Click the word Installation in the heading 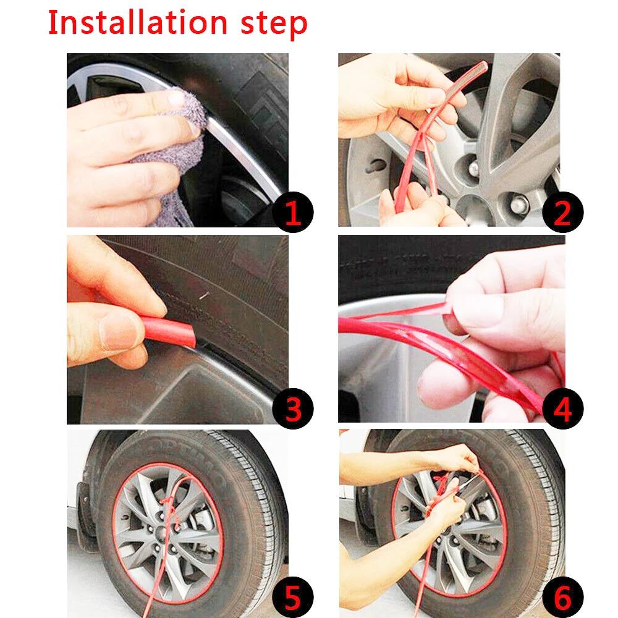pyautogui.click(x=138, y=22)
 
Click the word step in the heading pyautogui.click(x=274, y=25)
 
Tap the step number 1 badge pyautogui.click(x=293, y=212)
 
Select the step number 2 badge pyautogui.click(x=562, y=212)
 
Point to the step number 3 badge pyautogui.click(x=293, y=408)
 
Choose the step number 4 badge pyautogui.click(x=562, y=408)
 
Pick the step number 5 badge pyautogui.click(x=293, y=597)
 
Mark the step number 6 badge pyautogui.click(x=562, y=597)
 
